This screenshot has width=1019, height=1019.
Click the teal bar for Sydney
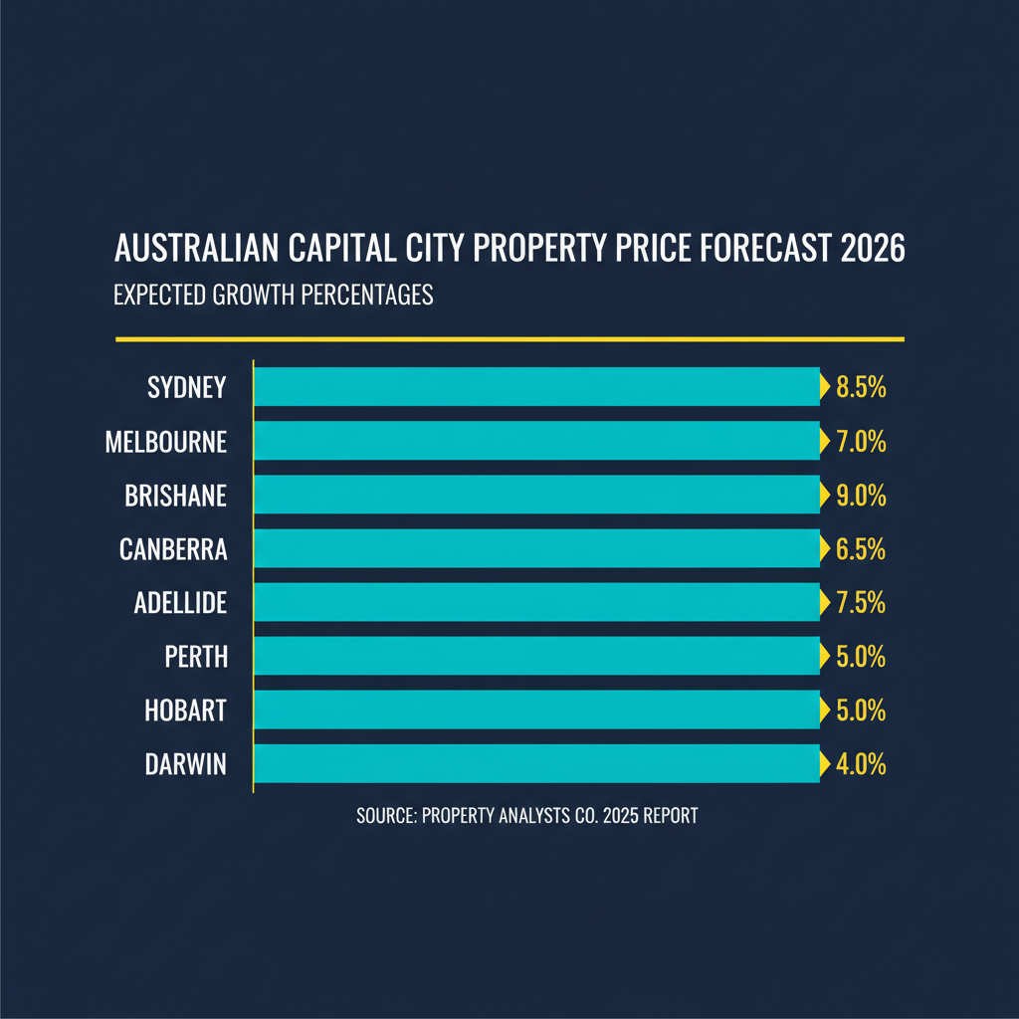pyautogui.click(x=537, y=387)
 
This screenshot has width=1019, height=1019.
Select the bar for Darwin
pyautogui.click(x=537, y=764)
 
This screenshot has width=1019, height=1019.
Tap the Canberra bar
pyautogui.click(x=537, y=548)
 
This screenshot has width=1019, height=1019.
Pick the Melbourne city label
pyautogui.click(x=166, y=441)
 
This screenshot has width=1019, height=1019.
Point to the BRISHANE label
pyautogui.click(x=176, y=495)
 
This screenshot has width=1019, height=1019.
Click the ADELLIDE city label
pyautogui.click(x=180, y=602)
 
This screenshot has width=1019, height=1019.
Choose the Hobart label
pyautogui.click(x=186, y=711)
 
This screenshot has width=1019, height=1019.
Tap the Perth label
pyautogui.click(x=196, y=657)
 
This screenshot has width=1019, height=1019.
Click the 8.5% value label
pyautogui.click(x=861, y=387)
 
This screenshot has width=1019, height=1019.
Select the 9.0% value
pyautogui.click(x=861, y=495)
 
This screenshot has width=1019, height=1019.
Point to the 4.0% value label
pyautogui.click(x=861, y=765)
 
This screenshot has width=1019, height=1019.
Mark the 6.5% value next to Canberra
pyautogui.click(x=861, y=549)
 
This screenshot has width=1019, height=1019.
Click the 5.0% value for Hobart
pyautogui.click(x=861, y=711)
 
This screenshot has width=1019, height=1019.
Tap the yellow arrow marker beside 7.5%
pyautogui.click(x=824, y=602)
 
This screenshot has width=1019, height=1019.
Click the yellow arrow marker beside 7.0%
pyautogui.click(x=824, y=441)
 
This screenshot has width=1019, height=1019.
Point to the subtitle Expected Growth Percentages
pyautogui.click(x=274, y=296)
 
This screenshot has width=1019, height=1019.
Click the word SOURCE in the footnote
pyautogui.click(x=384, y=816)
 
